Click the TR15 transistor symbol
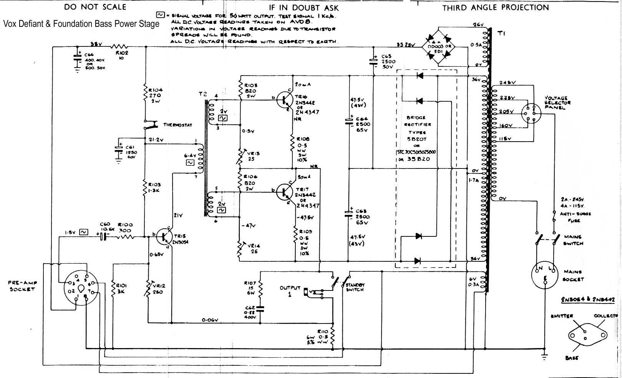click(x=166, y=237)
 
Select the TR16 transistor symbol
click(x=287, y=99)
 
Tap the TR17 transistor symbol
click(x=285, y=191)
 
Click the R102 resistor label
click(x=122, y=53)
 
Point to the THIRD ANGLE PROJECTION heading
click(x=496, y=8)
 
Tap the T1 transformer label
click(x=502, y=33)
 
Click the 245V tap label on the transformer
click(x=508, y=83)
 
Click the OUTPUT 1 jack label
click(x=290, y=291)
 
